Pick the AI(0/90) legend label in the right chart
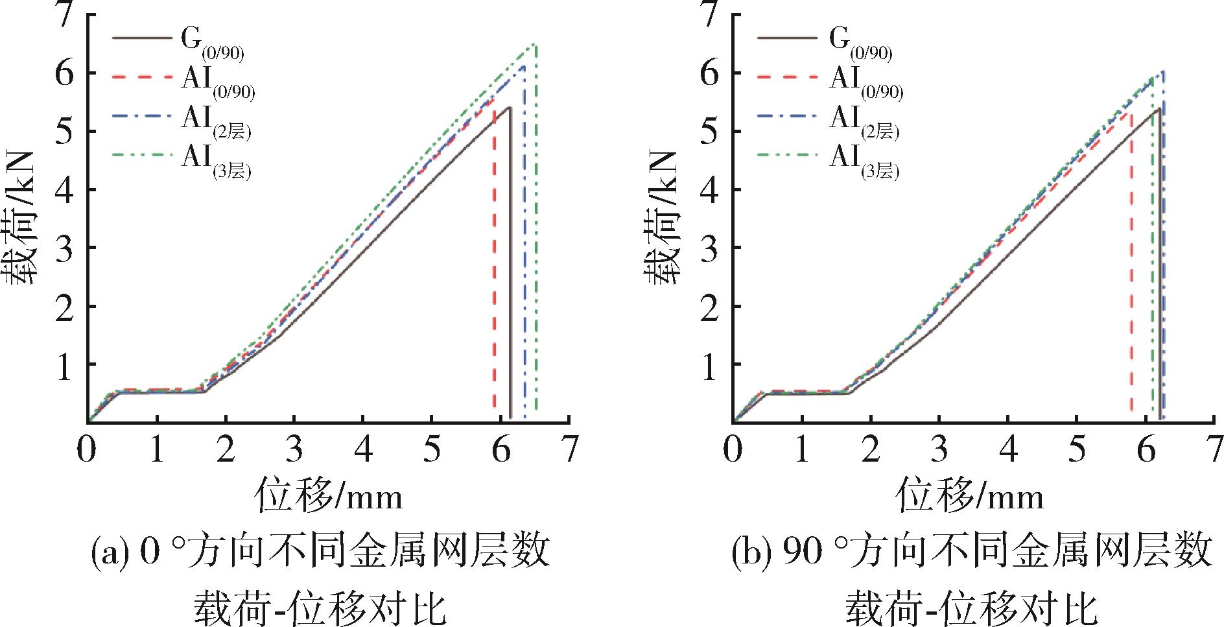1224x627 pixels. pos(866,82)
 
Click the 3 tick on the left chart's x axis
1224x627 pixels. pos(294,449)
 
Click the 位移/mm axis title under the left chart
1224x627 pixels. pos(329,496)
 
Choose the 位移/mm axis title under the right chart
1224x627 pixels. pos(971,496)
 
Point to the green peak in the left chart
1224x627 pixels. pos(534,44)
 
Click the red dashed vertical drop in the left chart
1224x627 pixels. pos(494,259)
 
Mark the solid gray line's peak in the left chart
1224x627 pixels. pos(510,108)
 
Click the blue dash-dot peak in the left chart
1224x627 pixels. pos(523,65)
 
